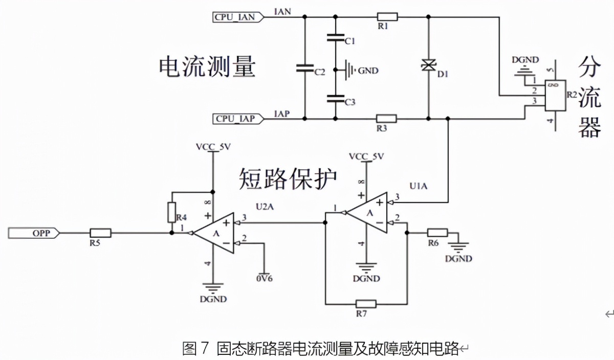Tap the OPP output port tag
tap(34, 233)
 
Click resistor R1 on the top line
tap(386, 16)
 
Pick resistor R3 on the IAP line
tap(386, 119)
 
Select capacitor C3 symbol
tap(335, 97)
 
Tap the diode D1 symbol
tap(428, 65)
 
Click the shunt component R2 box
tap(555, 95)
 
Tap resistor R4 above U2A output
tap(172, 212)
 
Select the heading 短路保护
tap(288, 179)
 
